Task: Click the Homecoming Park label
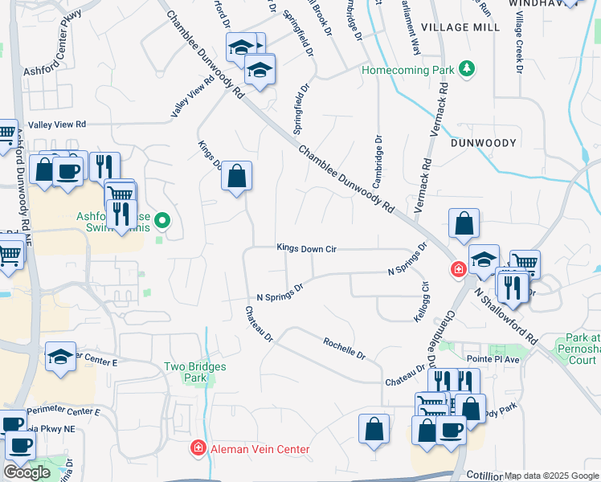(407, 70)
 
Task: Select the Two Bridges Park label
(195, 371)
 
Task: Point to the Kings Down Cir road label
(305, 249)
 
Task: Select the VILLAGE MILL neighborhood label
(465, 27)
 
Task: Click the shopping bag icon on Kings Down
(237, 177)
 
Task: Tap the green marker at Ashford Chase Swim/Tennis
(163, 219)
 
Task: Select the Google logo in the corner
(27, 472)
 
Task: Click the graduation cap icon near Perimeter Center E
(60, 356)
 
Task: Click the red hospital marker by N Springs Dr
(458, 269)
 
